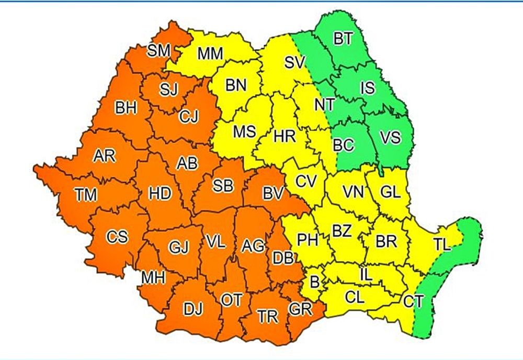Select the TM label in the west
point(86,196)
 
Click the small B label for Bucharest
point(315,282)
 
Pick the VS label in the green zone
point(390,138)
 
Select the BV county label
point(273,194)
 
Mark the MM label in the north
point(211,53)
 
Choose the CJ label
point(188,116)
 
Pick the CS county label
point(117,237)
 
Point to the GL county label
point(391,192)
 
